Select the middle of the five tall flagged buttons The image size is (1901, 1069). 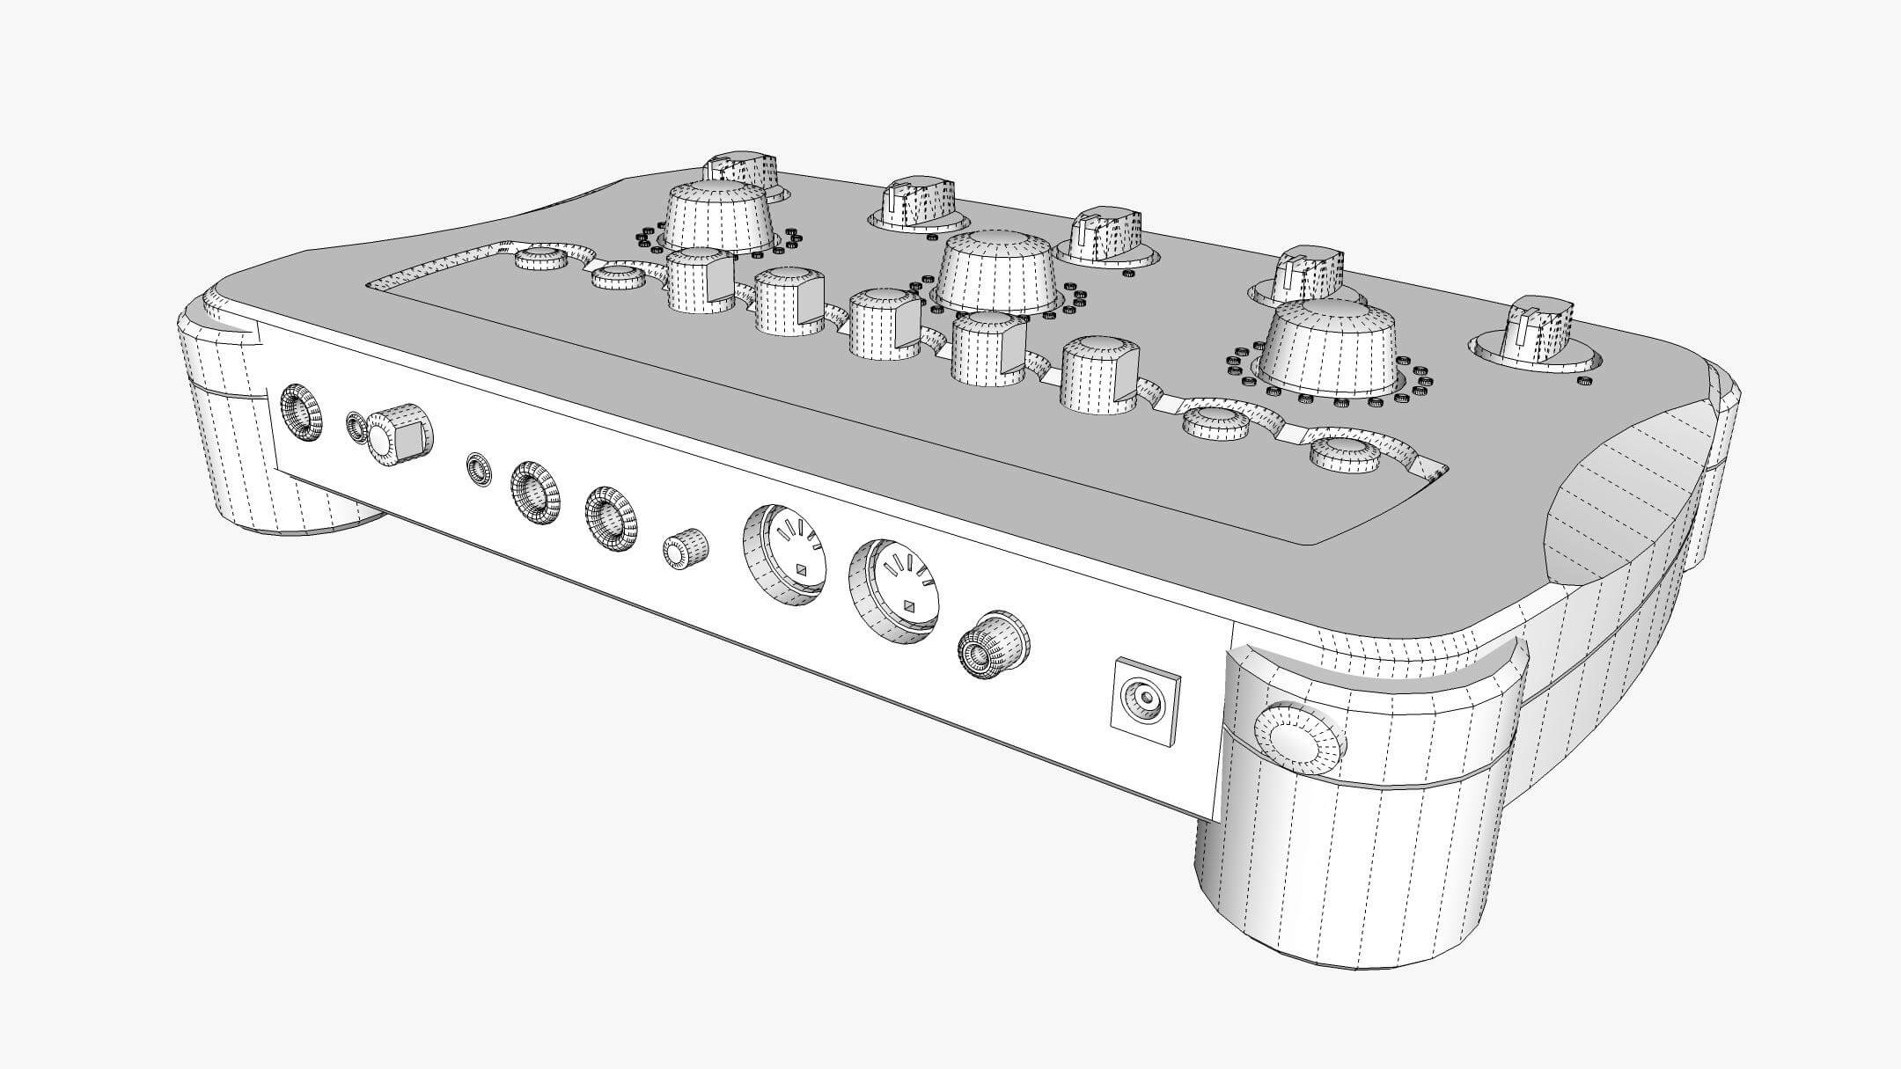pos(885,324)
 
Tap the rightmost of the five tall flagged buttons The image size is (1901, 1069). pos(1100,374)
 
